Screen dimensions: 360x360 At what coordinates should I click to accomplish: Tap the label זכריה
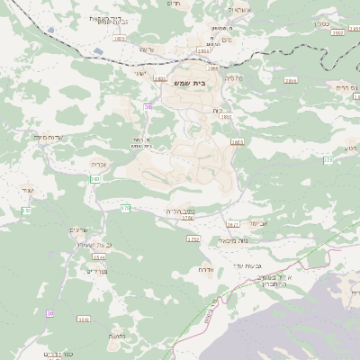99,164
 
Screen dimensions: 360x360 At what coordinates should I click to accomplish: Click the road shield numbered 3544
98,256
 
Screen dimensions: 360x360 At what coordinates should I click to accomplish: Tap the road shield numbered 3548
84,319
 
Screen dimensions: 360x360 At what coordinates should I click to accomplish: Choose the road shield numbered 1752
193,238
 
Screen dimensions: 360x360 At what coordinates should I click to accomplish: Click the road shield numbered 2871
233,224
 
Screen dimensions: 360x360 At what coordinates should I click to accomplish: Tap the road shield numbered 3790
187,217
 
